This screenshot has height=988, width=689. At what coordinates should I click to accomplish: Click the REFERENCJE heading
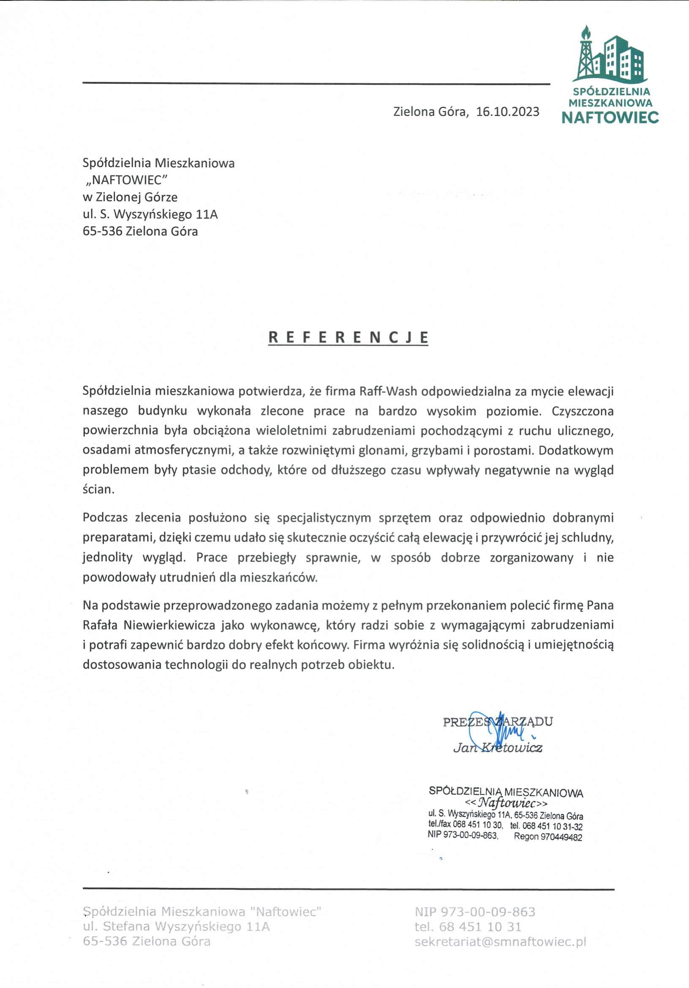pyautogui.click(x=349, y=337)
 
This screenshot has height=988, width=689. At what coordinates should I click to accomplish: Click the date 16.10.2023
pyautogui.click(x=507, y=112)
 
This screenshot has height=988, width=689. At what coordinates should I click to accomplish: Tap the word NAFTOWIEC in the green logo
pyautogui.click(x=610, y=118)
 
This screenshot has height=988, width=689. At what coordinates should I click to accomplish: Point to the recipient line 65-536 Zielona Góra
pyautogui.click(x=140, y=232)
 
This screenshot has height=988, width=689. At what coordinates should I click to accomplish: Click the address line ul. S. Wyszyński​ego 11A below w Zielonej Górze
pyautogui.click(x=150, y=214)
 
